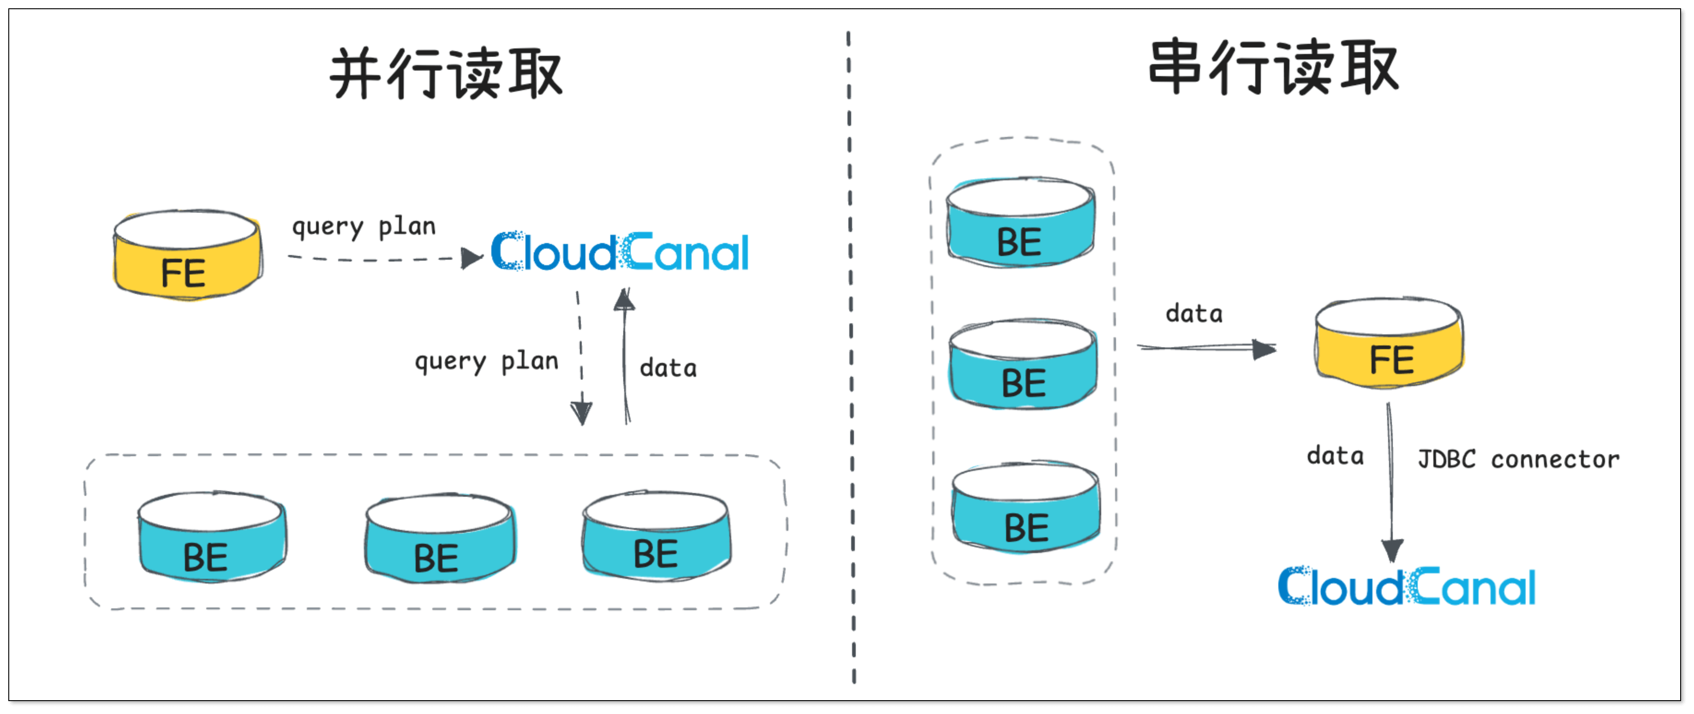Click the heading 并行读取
446,74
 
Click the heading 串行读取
1273,68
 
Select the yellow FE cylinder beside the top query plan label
187,256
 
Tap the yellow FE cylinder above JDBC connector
1389,344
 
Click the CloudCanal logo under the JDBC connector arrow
1407,586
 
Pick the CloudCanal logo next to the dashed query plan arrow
620,252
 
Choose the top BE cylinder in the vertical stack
1020,222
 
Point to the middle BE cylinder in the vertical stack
1023,364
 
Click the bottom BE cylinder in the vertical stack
1026,508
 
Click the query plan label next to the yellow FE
364,227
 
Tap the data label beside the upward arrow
668,368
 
